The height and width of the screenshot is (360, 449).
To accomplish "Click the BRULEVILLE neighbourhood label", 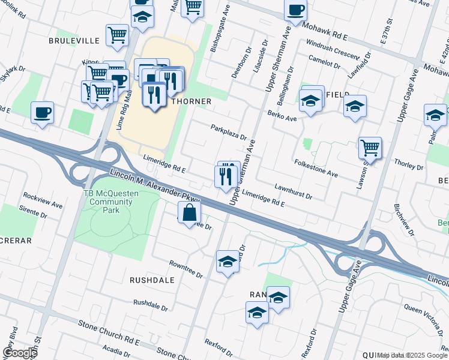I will (x=74, y=41).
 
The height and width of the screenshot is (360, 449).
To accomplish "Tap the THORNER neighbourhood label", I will (x=191, y=101).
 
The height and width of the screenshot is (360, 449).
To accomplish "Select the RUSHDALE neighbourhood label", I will (x=152, y=280).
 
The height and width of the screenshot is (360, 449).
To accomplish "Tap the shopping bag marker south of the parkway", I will (x=189, y=212).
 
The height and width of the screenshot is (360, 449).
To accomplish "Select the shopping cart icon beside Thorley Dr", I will (x=370, y=148).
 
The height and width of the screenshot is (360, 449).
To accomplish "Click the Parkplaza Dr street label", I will (x=228, y=131).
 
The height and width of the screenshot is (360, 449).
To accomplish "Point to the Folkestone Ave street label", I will (x=316, y=168).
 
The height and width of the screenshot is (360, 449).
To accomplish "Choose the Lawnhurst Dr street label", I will (x=294, y=191).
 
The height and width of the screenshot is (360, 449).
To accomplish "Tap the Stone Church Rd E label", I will (x=109, y=333).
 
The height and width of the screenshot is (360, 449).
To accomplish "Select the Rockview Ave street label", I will (x=43, y=200).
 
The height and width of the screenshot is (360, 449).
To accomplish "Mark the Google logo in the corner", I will (x=19, y=352).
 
